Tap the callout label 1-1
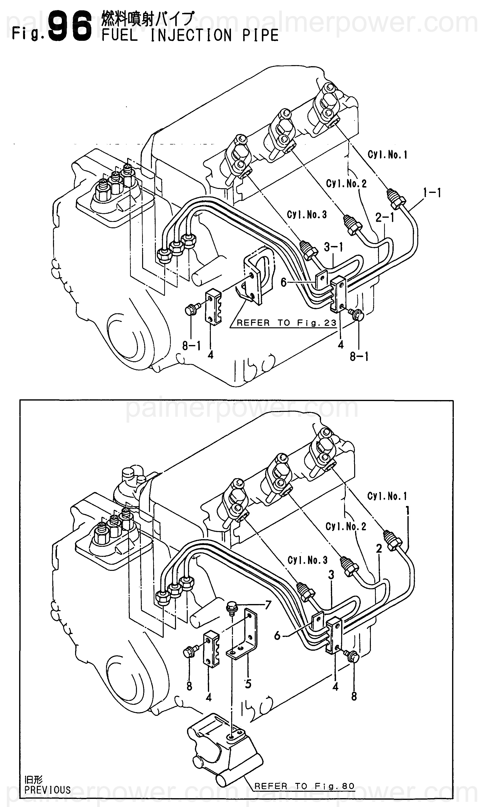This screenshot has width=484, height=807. pyautogui.click(x=432, y=193)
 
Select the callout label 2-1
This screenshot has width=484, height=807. pyautogui.click(x=385, y=217)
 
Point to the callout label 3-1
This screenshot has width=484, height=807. pyautogui.click(x=334, y=247)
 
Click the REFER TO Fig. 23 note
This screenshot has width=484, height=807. pyautogui.click(x=287, y=323)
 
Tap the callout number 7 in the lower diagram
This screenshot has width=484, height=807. pyautogui.click(x=268, y=605)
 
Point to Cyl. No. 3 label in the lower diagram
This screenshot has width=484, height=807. pyautogui.click(x=308, y=560)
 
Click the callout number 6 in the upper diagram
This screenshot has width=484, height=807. pyautogui.click(x=283, y=282)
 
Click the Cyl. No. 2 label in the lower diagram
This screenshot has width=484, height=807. pyautogui.click(x=346, y=526)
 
